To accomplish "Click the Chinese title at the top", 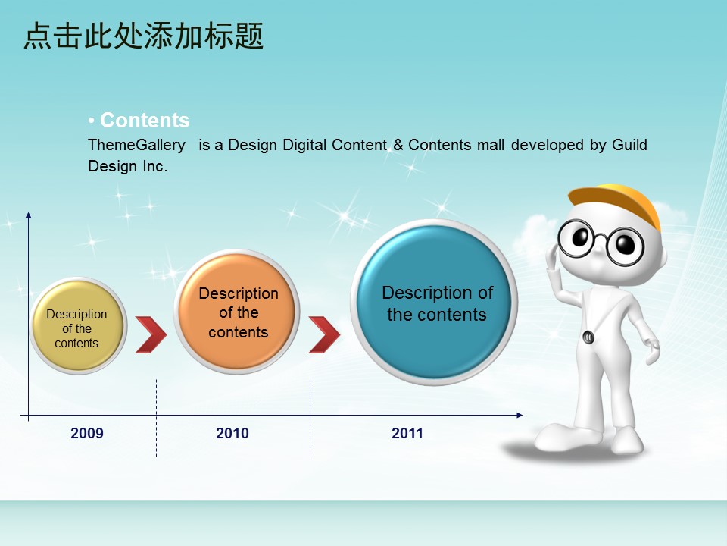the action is (x=144, y=36).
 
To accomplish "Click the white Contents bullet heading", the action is (x=139, y=121).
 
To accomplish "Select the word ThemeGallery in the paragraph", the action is (x=137, y=146).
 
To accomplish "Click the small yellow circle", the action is (x=78, y=326).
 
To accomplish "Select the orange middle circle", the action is (x=237, y=312).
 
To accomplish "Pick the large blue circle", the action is (x=434, y=303).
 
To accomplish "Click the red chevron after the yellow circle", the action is (x=151, y=334).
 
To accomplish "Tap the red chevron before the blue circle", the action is (x=324, y=334).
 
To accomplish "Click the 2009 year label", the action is (x=86, y=433).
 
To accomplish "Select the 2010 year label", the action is (x=232, y=433).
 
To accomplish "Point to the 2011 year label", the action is (x=407, y=433).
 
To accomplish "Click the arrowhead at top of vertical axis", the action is (x=28, y=215).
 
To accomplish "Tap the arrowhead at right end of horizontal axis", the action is (x=520, y=415).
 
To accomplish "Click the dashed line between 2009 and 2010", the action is (x=156, y=418).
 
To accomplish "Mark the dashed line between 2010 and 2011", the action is (x=310, y=418).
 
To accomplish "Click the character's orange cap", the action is (x=616, y=199).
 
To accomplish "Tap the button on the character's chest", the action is (x=588, y=337).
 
